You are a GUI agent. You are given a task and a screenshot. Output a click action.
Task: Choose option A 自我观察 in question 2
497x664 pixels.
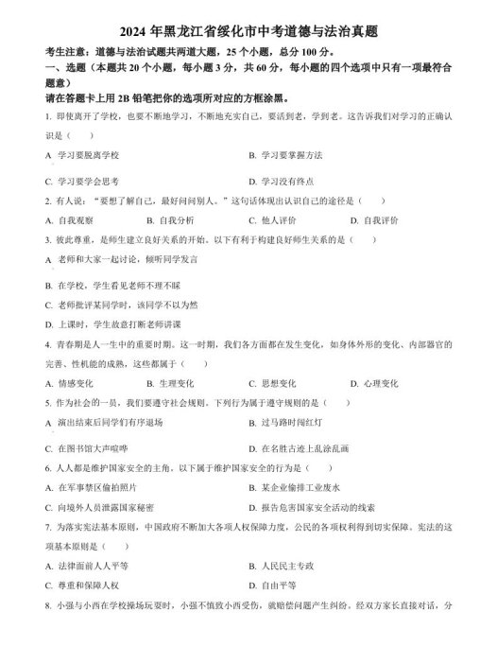76,220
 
